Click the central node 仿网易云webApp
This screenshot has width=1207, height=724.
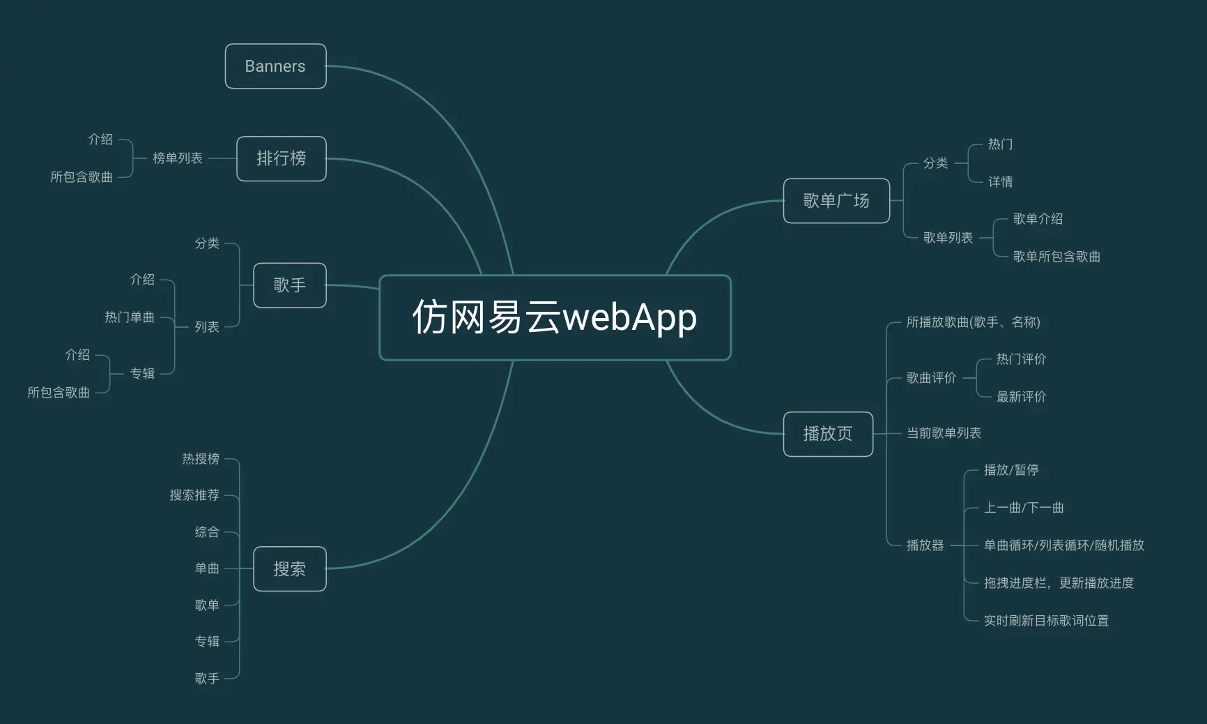pos(555,317)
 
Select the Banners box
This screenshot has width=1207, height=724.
pos(275,66)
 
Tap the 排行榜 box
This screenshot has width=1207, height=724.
pos(282,158)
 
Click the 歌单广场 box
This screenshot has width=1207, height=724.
pos(836,201)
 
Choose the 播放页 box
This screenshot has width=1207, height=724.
pos(828,434)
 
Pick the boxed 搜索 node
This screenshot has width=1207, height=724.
pos(289,569)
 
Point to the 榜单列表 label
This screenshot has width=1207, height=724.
pos(178,158)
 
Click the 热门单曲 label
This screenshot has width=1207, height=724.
pos(130,317)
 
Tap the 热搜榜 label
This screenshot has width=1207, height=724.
pos(201,458)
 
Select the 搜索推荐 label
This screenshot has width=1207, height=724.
pos(194,495)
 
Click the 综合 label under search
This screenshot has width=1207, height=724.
pos(207,531)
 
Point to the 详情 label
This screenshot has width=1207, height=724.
pos(1000,182)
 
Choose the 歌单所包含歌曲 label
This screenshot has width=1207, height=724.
pos(1056,257)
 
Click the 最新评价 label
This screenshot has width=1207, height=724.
pos(1021,397)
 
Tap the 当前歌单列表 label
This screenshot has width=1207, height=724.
pos(944,433)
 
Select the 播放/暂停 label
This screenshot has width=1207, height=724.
pos(1011,470)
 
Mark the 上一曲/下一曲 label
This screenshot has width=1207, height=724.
pos(1024,508)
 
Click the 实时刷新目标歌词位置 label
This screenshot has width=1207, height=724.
pos(1046,621)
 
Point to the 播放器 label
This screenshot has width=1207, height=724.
pos(925,545)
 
